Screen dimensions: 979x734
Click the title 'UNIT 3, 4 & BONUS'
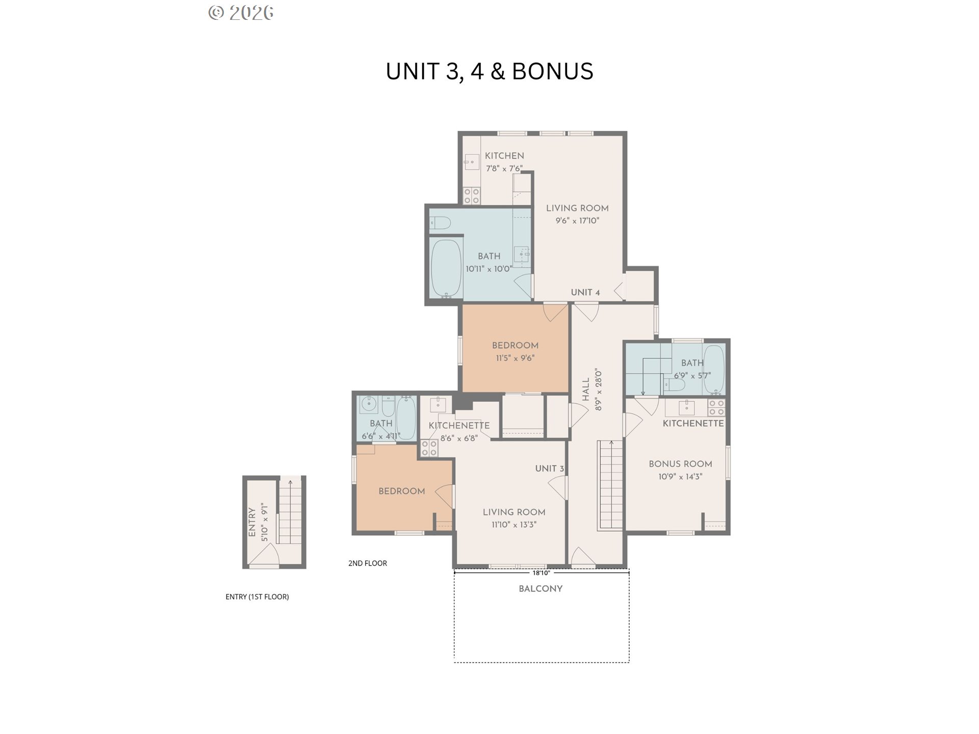pos(489,71)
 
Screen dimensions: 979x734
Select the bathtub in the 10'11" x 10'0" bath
pos(446,269)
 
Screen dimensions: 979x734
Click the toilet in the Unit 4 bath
pos(440,223)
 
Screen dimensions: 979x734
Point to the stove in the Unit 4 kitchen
pos(472,196)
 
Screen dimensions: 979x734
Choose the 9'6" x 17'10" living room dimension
pos(577,221)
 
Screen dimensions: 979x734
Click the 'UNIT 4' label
pos(585,293)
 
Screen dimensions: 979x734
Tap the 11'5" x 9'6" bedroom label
pos(515,352)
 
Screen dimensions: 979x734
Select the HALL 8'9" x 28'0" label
pos(592,390)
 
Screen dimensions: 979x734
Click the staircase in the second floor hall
pos(610,485)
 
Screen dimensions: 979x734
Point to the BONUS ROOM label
pos(680,464)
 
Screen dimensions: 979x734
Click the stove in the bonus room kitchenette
pos(716,408)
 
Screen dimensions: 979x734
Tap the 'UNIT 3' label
pos(550,469)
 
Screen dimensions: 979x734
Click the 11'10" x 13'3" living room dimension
pos(514,525)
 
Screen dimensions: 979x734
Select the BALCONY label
pos(540,589)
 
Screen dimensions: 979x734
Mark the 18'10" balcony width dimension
pos(542,573)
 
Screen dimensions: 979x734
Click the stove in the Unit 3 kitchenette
pos(429,449)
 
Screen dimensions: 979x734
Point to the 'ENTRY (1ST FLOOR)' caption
pos(257,597)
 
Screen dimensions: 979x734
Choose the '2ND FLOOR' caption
pos(368,563)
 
